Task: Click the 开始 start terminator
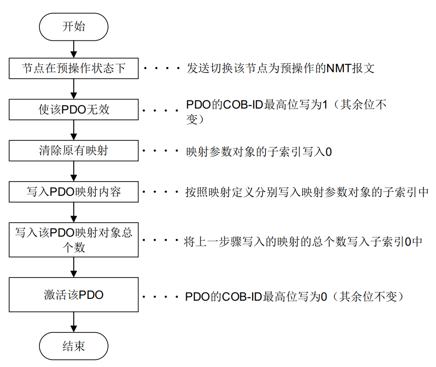(74, 27)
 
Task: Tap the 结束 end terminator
(74, 347)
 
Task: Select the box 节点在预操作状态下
(74, 69)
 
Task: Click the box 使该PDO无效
(74, 110)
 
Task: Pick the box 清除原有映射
(74, 151)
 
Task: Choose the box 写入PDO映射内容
(74, 192)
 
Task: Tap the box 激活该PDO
(74, 295)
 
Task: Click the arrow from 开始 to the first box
(74, 48)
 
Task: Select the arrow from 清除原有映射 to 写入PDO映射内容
(74, 171)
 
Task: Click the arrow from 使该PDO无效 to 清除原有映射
(74, 131)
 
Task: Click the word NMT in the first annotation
(337, 69)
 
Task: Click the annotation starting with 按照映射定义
(307, 192)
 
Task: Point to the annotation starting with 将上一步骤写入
(303, 242)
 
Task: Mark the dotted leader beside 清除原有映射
(161, 152)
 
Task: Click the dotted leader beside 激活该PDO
(161, 298)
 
